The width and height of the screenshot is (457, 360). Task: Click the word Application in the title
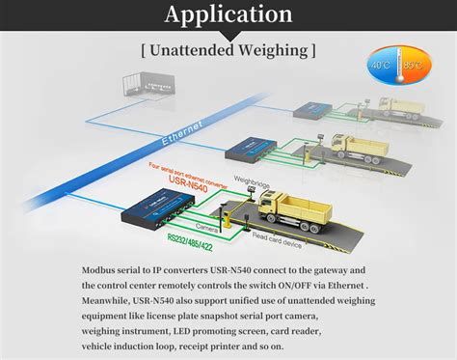[228, 14]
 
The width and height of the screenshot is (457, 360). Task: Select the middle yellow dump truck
[360, 145]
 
